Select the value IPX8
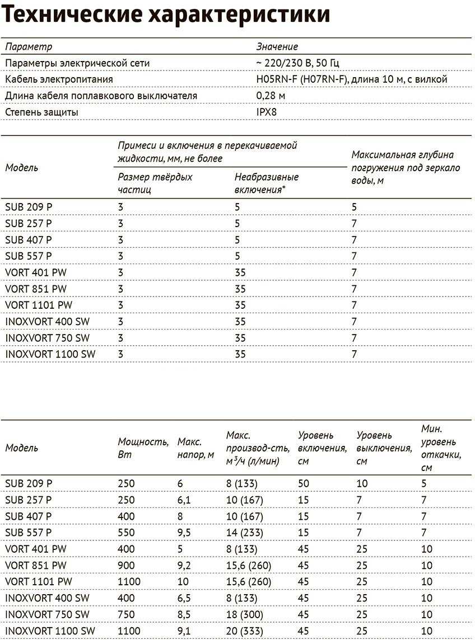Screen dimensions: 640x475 (267, 112)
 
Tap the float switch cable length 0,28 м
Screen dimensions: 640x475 (271, 96)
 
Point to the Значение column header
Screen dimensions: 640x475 (277, 47)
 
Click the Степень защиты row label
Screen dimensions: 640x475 (41, 112)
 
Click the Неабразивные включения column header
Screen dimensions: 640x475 (267, 183)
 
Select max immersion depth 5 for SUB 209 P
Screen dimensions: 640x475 (354, 207)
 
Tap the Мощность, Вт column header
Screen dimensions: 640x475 (143, 448)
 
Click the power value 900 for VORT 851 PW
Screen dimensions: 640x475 (127, 566)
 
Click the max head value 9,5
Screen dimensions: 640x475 (184, 533)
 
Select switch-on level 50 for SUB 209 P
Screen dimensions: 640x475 (304, 483)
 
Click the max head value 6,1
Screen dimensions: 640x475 (184, 500)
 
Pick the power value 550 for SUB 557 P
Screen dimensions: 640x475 (127, 533)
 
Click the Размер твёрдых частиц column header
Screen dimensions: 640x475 (155, 183)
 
